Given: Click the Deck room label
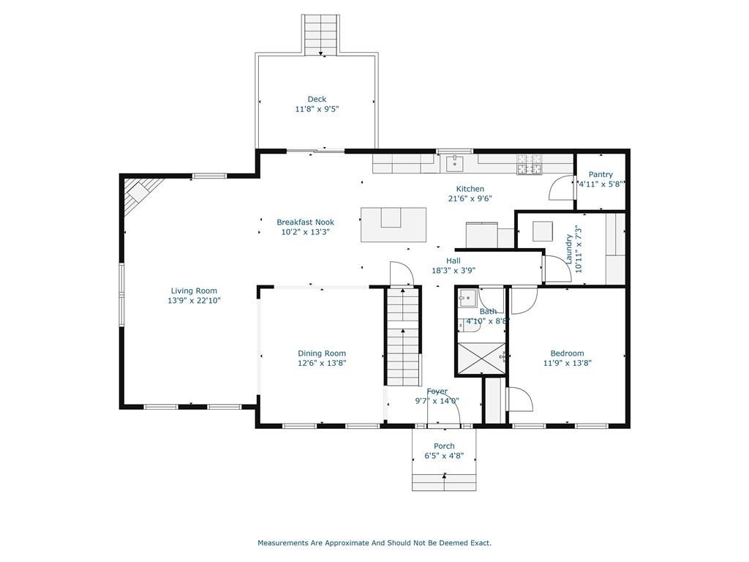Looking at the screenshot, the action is coord(317,99).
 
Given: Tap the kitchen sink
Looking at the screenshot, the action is coord(455,163).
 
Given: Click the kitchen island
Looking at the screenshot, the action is coord(393,225).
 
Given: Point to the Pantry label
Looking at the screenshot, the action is coord(601,174).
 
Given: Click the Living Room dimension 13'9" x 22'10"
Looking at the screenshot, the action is coord(194,301).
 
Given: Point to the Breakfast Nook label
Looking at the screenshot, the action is coord(305,222).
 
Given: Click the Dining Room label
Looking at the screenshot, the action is coord(322,353).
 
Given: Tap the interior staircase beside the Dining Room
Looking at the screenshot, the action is coord(403,336).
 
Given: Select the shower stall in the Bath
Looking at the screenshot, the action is coord(481,357).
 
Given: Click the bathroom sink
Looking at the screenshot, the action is coord(467,299).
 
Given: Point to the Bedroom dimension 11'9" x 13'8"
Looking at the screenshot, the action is coord(568,363).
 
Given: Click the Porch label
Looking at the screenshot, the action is coord(444,446).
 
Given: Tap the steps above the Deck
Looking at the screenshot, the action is coord(321,34).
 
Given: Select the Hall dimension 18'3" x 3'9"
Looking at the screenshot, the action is coord(453,271).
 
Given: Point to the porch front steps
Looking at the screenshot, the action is coord(444,482).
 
